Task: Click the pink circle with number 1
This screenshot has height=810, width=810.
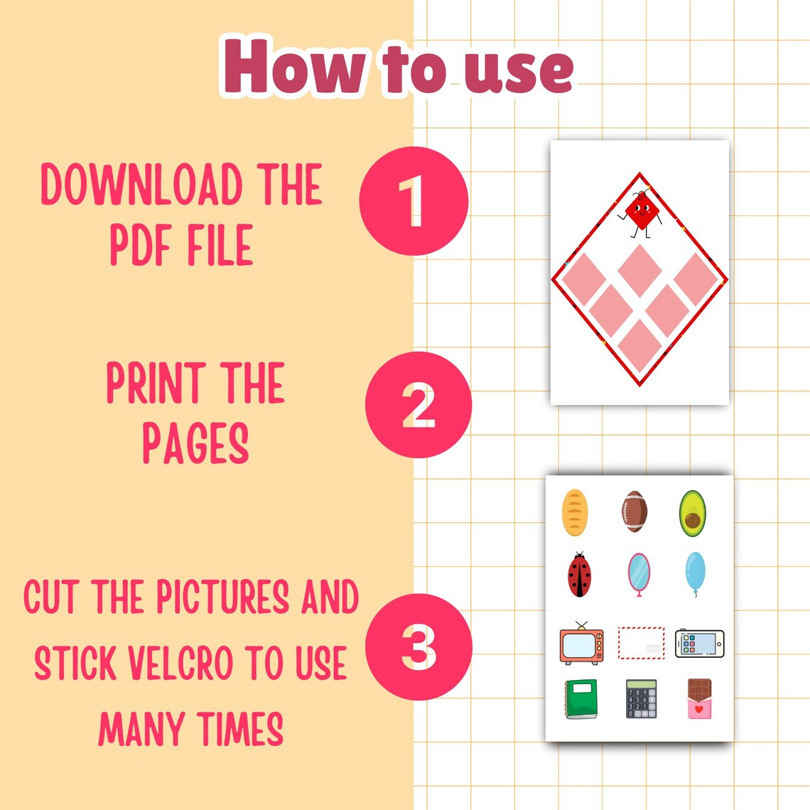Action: (x=414, y=200)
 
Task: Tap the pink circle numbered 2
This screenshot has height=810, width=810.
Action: (x=418, y=404)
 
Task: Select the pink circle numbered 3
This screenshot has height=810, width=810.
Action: (x=418, y=647)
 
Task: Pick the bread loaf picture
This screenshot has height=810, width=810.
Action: (x=574, y=512)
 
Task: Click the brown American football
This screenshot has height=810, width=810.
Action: (x=634, y=512)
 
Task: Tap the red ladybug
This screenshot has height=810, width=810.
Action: (x=579, y=575)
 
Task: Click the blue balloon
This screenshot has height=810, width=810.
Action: (x=696, y=571)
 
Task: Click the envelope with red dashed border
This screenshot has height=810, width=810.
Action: (x=641, y=642)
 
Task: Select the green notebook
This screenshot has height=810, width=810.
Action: (x=581, y=699)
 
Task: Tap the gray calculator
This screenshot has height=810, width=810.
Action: (x=641, y=698)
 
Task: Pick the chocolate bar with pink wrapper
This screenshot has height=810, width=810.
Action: (x=700, y=698)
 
